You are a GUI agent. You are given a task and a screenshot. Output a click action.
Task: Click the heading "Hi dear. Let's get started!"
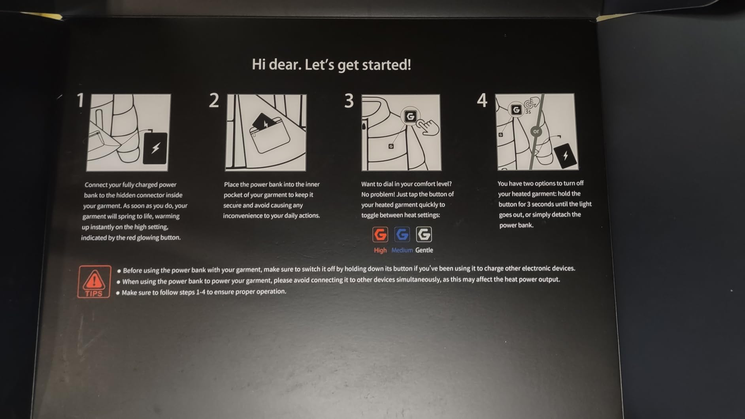point(331,65)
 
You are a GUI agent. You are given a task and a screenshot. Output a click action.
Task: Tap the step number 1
point(81,100)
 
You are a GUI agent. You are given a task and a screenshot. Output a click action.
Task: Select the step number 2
point(214,100)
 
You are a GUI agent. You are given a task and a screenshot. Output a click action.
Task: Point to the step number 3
point(349,101)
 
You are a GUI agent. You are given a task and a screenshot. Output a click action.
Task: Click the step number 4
point(482,100)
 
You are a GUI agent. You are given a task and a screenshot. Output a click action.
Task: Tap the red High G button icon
point(380,234)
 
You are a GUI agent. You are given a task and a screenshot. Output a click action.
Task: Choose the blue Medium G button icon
point(402,234)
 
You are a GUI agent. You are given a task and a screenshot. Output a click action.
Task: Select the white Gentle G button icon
point(424,234)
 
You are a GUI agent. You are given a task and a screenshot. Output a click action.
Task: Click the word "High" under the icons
point(380,250)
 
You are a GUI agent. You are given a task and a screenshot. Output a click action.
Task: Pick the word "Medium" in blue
point(402,250)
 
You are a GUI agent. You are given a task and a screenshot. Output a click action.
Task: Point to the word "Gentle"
point(424,250)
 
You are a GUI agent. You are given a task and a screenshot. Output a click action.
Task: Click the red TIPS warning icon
point(94,281)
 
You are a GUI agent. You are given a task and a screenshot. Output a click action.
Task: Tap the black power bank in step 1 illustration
point(155,148)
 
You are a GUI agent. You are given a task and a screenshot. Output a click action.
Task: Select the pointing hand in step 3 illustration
point(429,128)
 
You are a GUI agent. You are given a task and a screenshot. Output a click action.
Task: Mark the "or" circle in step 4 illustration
point(536,131)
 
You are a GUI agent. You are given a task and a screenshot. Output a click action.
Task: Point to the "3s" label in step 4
point(528,112)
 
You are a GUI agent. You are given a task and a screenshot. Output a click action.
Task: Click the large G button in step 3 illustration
point(410,116)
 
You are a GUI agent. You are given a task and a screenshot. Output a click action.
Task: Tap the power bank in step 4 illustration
point(565,156)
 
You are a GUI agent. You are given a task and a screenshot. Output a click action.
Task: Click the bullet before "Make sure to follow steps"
point(118,293)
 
